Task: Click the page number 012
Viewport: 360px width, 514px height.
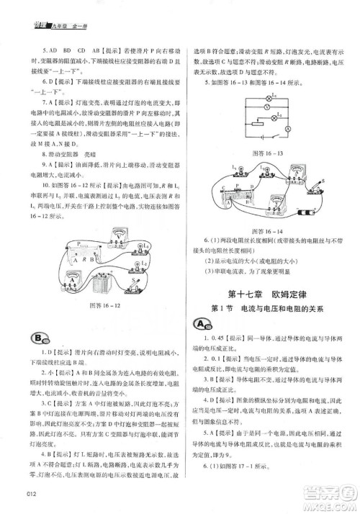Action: [x=30, y=492]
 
